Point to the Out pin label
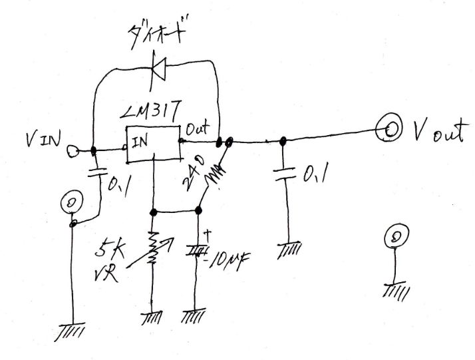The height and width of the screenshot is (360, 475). [x=198, y=127]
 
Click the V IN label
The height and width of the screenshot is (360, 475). [x=41, y=140]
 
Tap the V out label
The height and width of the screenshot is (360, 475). [x=436, y=134]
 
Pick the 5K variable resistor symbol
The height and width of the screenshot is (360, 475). [x=153, y=248]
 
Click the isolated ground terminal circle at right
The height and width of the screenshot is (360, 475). [x=396, y=236]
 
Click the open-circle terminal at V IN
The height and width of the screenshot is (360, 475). [x=71, y=151]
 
